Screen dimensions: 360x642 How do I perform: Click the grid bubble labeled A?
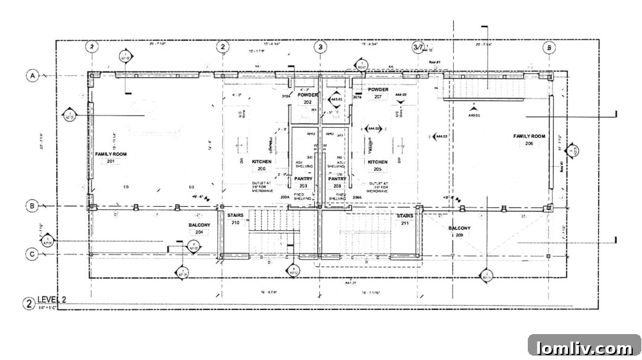[31, 75]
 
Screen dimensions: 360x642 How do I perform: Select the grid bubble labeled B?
[31, 206]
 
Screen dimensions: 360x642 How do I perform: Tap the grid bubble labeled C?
[31, 254]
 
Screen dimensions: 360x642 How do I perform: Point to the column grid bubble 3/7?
[418, 47]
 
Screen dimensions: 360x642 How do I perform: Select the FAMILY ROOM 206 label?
[529, 140]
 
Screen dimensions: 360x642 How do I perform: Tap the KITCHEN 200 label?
[261, 165]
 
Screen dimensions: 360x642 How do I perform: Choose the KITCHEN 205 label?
[378, 165]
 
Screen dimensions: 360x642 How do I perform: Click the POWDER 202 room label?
[307, 99]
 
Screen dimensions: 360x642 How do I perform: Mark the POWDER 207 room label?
[378, 93]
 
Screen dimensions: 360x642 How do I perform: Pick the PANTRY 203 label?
[303, 182]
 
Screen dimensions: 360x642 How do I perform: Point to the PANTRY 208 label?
[338, 182]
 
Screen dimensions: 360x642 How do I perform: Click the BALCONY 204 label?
[199, 228]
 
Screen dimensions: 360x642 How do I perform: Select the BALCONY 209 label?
[459, 232]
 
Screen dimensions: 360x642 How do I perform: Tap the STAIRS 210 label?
[235, 219]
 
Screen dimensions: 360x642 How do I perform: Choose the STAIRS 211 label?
[405, 219]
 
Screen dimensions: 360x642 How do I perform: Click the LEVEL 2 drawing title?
[52, 300]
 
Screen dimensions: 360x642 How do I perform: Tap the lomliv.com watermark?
[584, 347]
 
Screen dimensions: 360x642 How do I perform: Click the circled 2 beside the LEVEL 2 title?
[28, 303]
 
